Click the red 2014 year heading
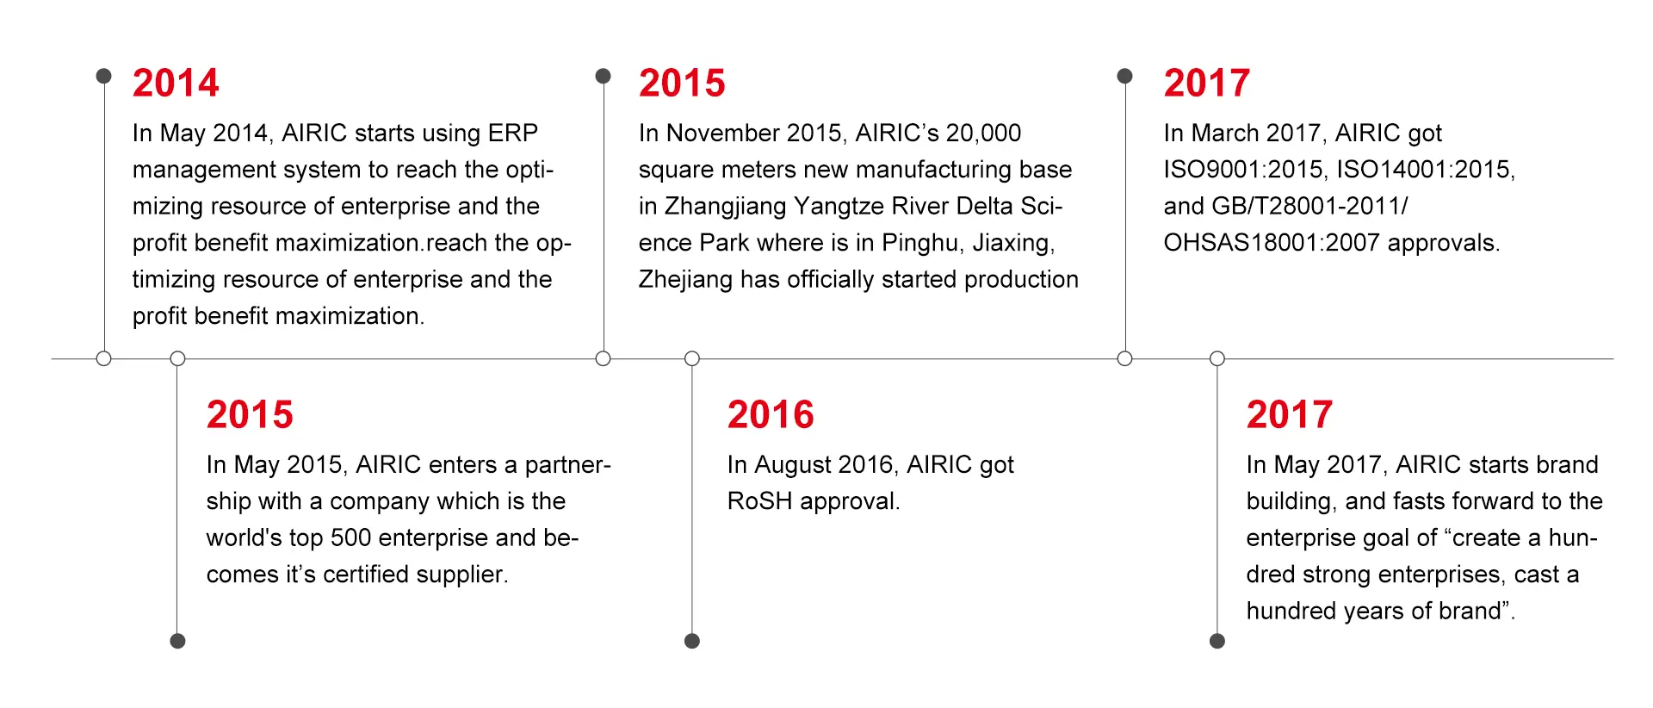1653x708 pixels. point(176,83)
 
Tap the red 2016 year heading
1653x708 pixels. point(771,414)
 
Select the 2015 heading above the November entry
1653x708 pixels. point(682,83)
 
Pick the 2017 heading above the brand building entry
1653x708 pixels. point(1290,414)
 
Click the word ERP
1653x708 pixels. point(513,133)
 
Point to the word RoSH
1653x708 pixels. point(759,501)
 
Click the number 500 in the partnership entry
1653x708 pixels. point(350,537)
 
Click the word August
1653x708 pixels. point(793,465)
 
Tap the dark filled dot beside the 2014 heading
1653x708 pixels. point(103,76)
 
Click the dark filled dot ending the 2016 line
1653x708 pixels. point(692,641)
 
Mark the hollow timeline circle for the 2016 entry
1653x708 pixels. point(692,358)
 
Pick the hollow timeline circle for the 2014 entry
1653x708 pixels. point(103,358)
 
